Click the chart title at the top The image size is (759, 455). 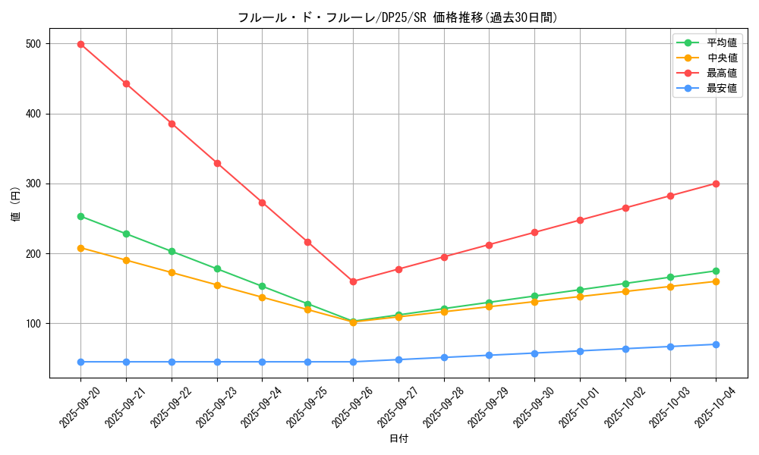[x=398, y=17]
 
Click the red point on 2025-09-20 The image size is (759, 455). [x=80, y=44]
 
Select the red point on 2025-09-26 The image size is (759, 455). [x=353, y=281]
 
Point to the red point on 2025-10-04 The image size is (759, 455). [x=716, y=184]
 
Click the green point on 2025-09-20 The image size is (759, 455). [x=80, y=216]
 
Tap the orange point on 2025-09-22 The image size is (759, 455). [x=172, y=272]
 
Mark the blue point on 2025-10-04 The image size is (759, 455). [x=716, y=344]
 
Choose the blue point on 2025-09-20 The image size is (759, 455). [x=80, y=362]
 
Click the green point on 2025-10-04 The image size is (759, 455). [x=716, y=271]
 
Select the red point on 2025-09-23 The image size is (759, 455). [x=217, y=163]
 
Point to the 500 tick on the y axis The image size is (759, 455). [x=36, y=44]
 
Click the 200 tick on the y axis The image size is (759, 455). [x=36, y=253]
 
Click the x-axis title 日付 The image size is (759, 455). [x=398, y=439]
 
